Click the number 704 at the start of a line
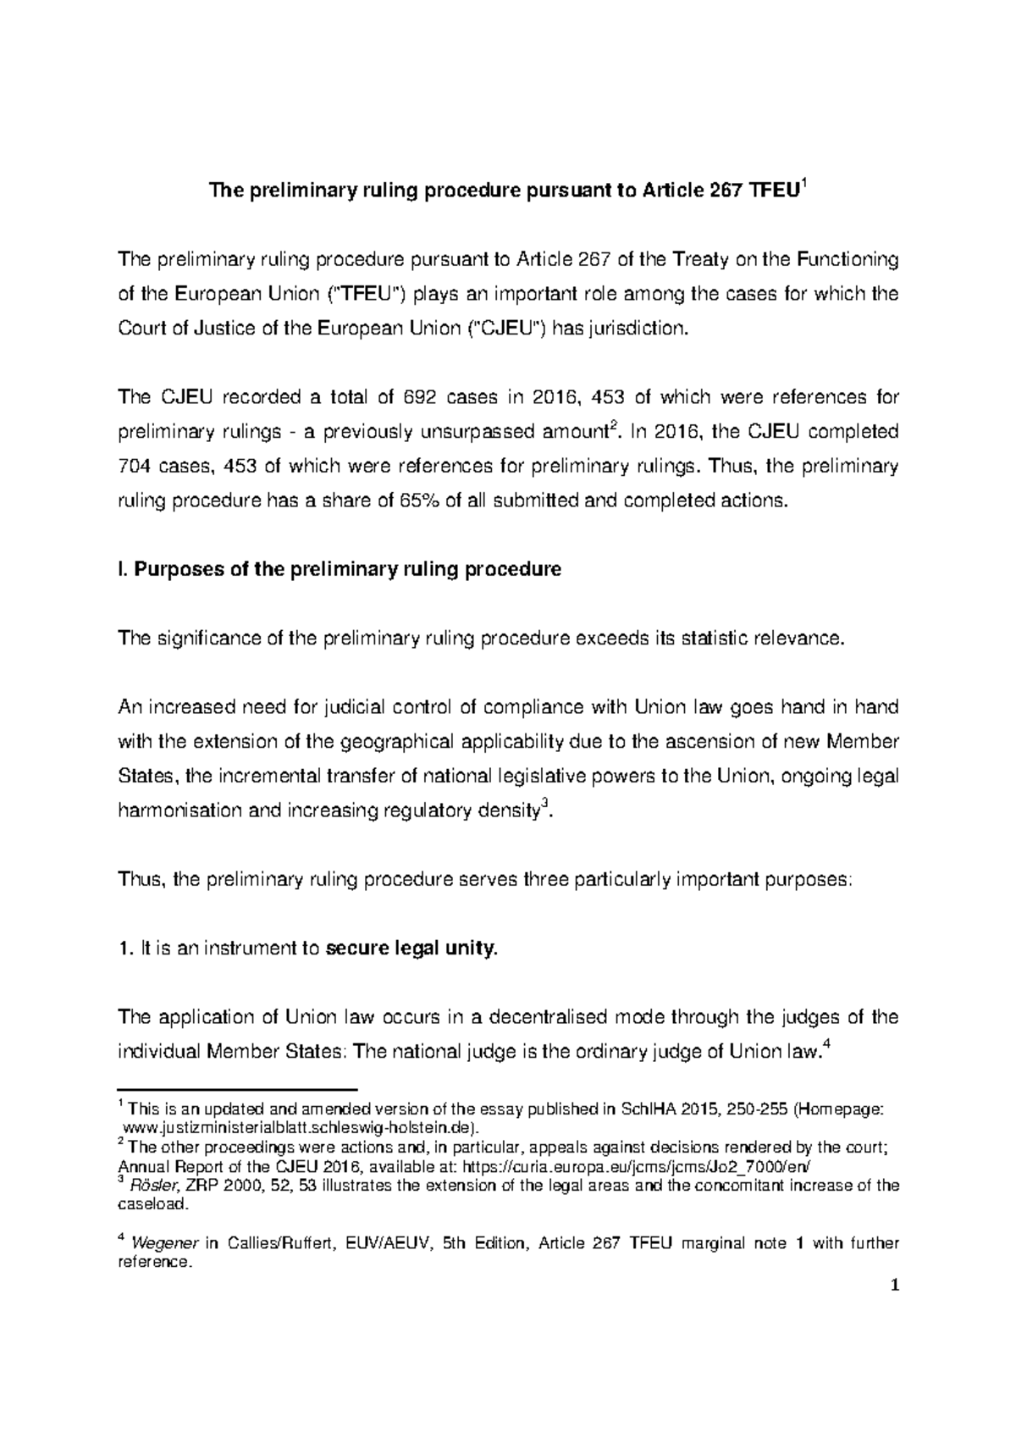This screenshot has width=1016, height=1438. coord(134,466)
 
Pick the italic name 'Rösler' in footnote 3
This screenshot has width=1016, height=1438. coord(149,1186)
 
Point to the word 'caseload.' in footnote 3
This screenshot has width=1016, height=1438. coord(142,1203)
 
